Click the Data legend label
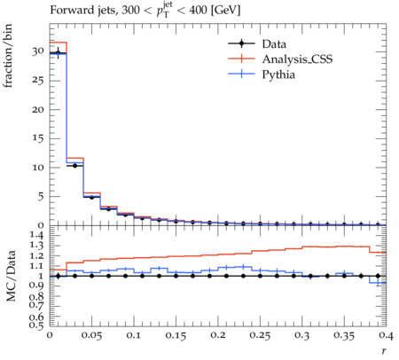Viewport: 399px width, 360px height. coord(274,44)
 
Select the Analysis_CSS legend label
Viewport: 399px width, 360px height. coord(297,59)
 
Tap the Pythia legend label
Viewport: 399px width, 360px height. coord(278,74)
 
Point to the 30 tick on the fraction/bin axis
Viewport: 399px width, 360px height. coord(38,51)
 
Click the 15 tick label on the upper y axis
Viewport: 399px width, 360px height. coord(38,138)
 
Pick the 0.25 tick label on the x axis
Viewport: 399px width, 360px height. coord(260,335)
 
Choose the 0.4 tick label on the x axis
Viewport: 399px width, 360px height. coord(387,335)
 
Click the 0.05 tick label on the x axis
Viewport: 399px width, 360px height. coord(91,335)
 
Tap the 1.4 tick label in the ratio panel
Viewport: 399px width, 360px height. coord(37,235)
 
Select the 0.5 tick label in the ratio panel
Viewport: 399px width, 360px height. coord(37,325)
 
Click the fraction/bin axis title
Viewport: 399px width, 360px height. coord(8,56)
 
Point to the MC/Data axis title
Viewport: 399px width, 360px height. coord(11,276)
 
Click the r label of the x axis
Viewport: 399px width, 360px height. coord(384,351)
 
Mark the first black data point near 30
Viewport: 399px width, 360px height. coord(58,53)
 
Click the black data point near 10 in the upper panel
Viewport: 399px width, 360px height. coord(74,166)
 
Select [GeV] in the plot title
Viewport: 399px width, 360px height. coord(225,11)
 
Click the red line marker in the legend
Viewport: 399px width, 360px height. coord(241,59)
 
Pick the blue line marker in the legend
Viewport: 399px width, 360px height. coord(241,74)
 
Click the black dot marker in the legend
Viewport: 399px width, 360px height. coord(241,43)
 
